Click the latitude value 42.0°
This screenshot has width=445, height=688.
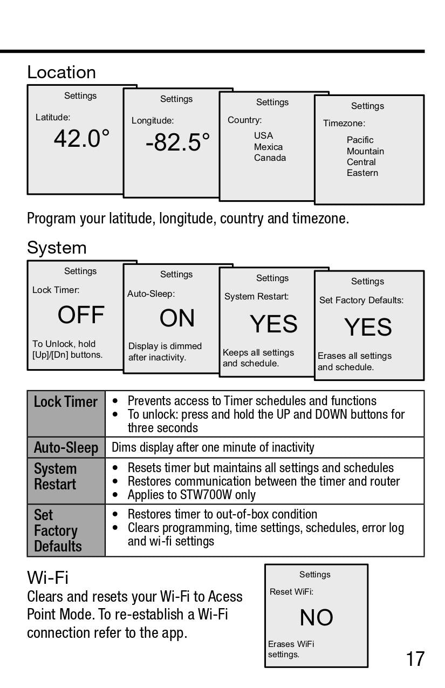point(81,139)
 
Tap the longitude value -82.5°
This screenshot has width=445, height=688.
point(177,142)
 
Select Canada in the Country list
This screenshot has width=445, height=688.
point(270,158)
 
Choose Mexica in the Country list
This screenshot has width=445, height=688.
point(268,147)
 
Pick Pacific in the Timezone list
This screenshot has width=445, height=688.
point(360,140)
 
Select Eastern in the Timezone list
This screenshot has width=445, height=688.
point(362,173)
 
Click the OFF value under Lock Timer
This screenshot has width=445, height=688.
point(81,315)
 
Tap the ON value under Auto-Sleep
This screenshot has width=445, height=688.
point(177,318)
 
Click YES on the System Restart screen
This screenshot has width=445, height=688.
point(273,324)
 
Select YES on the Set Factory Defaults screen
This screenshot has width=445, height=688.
point(368,328)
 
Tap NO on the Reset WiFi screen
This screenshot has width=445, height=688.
point(316,618)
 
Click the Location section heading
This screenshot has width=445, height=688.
point(61,72)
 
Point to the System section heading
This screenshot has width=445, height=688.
point(57,248)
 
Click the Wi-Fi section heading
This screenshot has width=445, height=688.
point(47,578)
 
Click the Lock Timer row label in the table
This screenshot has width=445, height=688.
point(66,402)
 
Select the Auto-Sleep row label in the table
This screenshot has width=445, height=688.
point(66,447)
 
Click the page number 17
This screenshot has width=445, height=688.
point(415,659)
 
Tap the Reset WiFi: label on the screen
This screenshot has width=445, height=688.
point(291,592)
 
